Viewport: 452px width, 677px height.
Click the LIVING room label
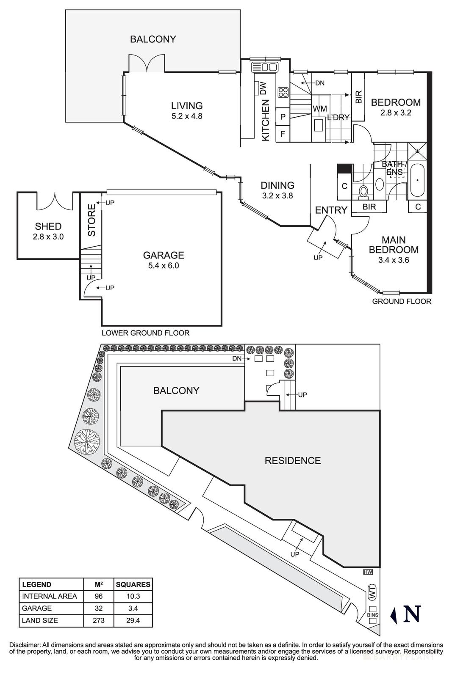(187, 106)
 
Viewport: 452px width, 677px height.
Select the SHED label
(48, 226)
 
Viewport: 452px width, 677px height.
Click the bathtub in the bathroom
(417, 181)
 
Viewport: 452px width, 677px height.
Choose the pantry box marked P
(283, 116)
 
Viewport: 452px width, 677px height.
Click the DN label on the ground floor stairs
(319, 83)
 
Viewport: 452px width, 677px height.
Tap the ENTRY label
(331, 210)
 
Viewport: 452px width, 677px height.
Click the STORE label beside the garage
(92, 220)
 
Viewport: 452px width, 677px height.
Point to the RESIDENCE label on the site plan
(293, 460)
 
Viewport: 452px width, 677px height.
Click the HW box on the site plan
(367, 572)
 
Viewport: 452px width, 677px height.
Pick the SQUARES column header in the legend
(133, 585)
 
